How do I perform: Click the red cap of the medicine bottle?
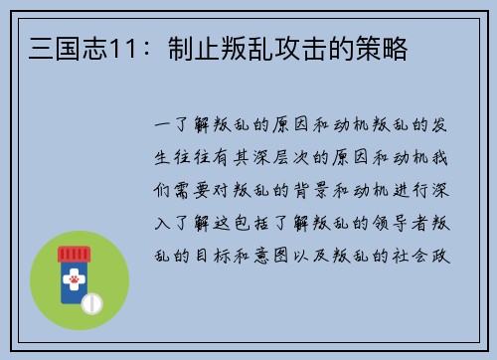click(73, 254)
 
